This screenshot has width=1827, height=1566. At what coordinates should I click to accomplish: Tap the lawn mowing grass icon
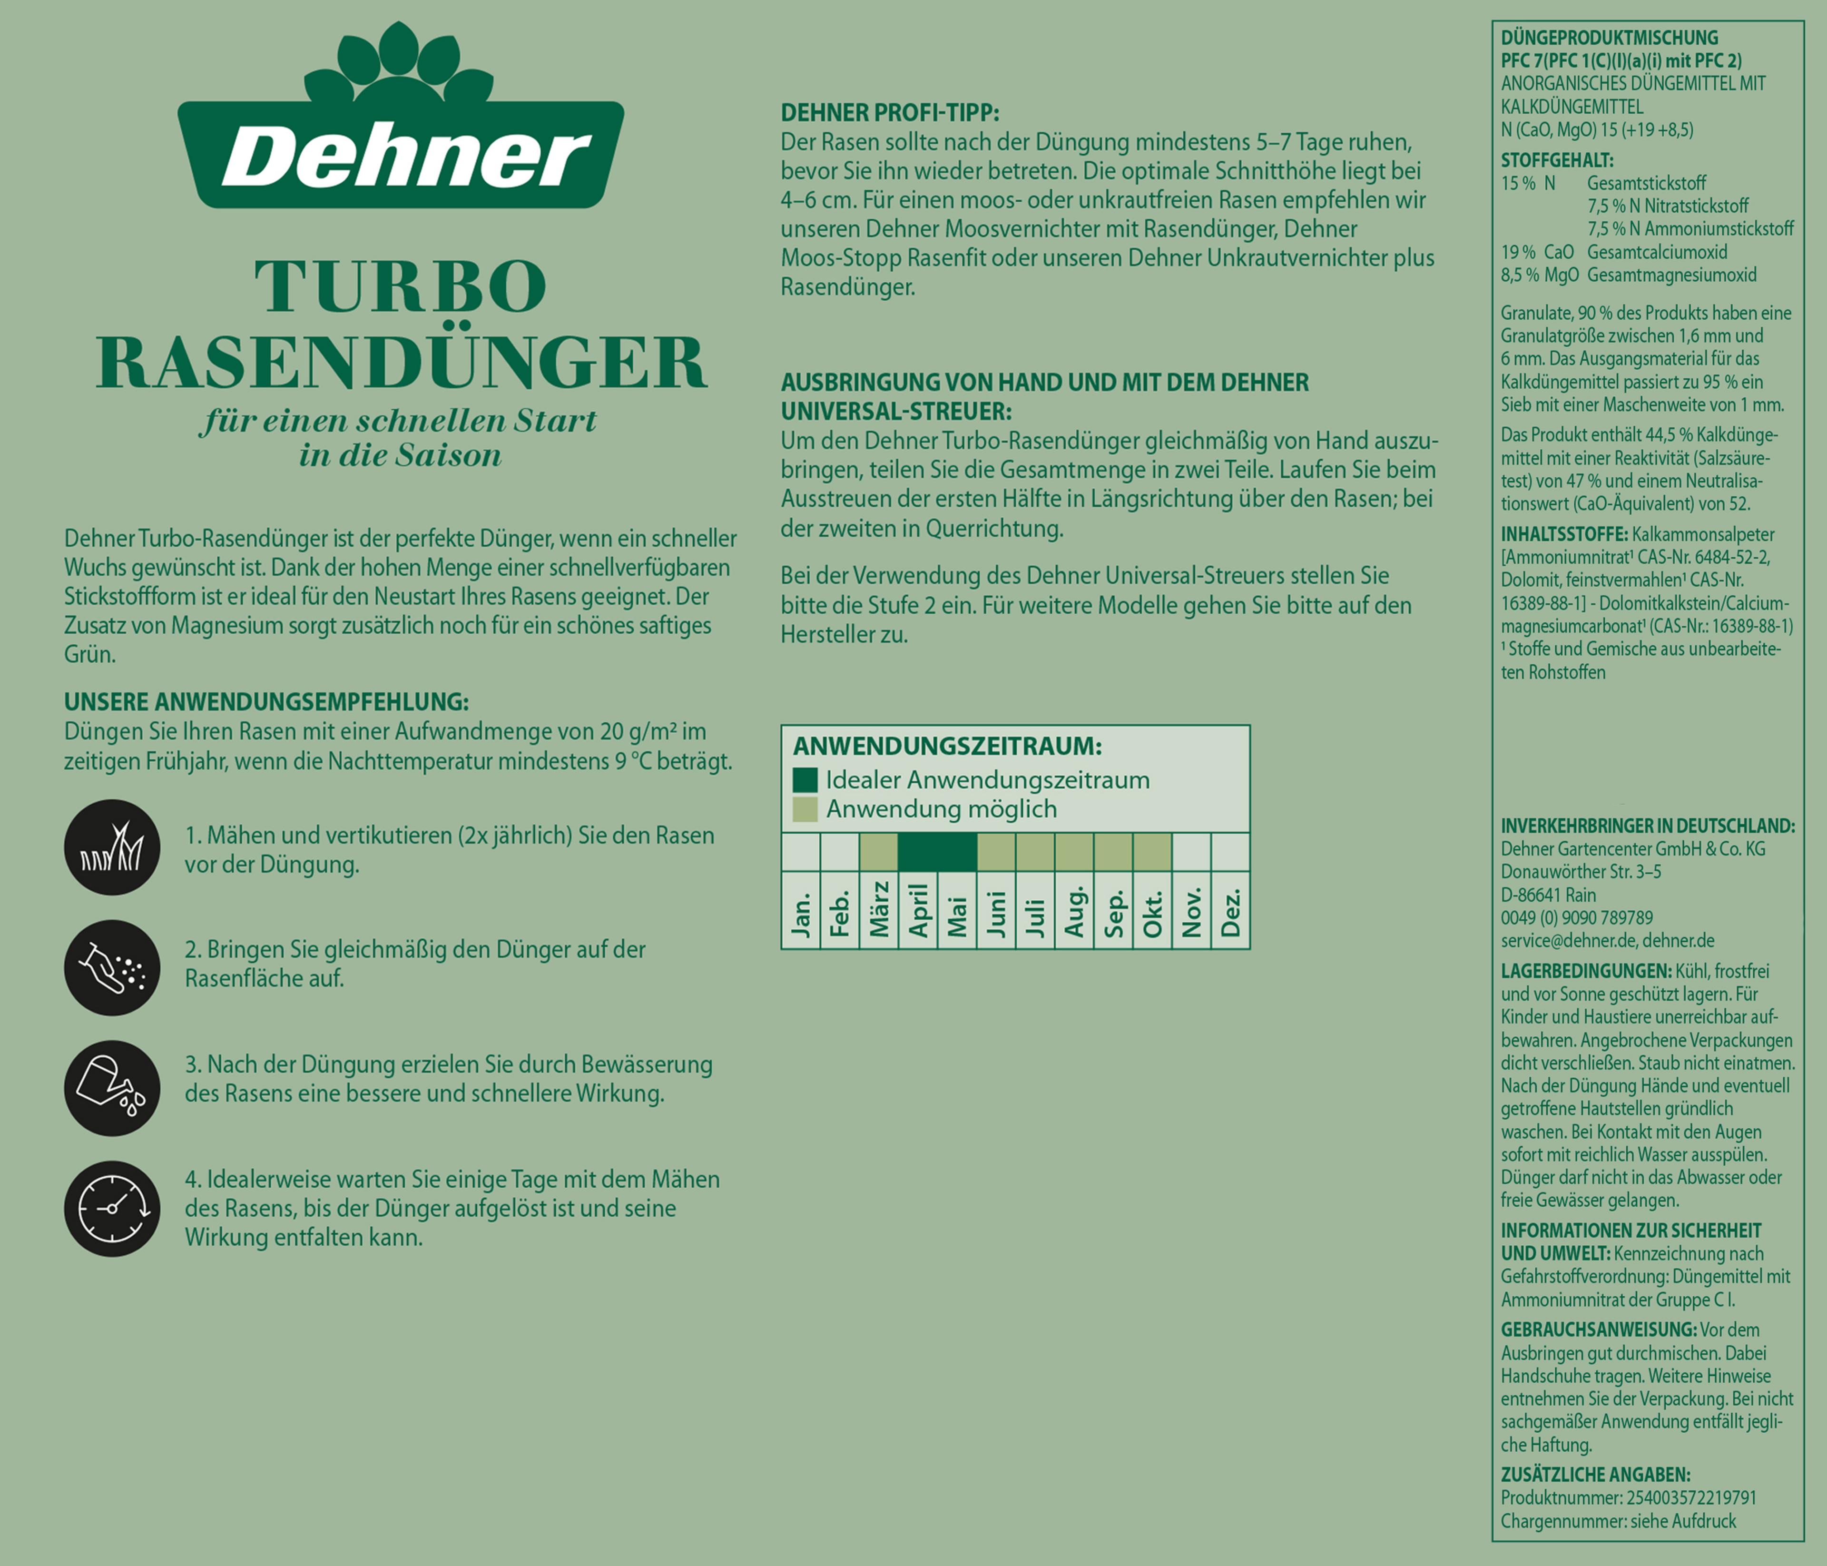pyautogui.click(x=112, y=847)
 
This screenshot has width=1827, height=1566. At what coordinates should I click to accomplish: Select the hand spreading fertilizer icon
pyautogui.click(x=112, y=967)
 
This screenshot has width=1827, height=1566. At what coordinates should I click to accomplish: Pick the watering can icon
pyautogui.click(x=112, y=1087)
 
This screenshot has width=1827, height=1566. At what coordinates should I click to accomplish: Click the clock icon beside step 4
pyautogui.click(x=112, y=1208)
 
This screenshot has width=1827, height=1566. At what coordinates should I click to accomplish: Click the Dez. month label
pyautogui.click(x=1231, y=912)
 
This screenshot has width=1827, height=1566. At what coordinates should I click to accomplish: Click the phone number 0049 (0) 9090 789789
pyautogui.click(x=1578, y=918)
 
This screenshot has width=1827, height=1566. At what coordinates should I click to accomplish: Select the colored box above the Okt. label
pyautogui.click(x=1151, y=853)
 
